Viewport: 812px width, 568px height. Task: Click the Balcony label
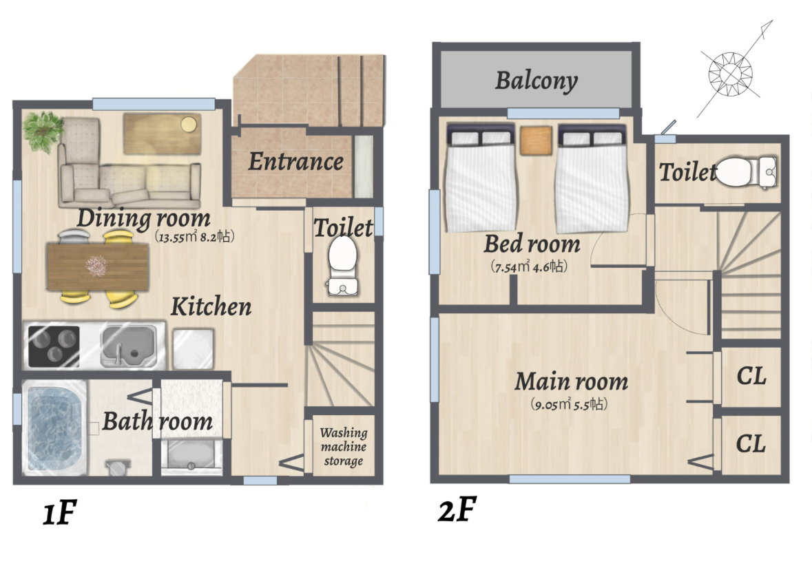pyautogui.click(x=537, y=81)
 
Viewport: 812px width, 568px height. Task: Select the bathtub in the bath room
pyautogui.click(x=54, y=428)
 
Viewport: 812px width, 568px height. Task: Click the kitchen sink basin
pyautogui.click(x=128, y=345)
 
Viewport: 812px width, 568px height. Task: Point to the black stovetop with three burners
pyautogui.click(x=54, y=346)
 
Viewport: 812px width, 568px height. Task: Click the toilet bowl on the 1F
pyautogui.click(x=343, y=266)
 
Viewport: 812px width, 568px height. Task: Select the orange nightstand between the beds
pyautogui.click(x=536, y=140)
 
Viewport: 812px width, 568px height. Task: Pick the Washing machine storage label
pyautogui.click(x=344, y=446)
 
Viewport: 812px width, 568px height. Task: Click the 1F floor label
pyautogui.click(x=59, y=513)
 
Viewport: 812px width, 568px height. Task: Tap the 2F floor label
pyautogui.click(x=457, y=509)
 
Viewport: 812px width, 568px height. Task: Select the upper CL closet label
pyautogui.click(x=751, y=377)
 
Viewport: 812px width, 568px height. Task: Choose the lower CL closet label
pyautogui.click(x=751, y=444)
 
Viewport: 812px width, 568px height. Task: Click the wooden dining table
pyautogui.click(x=98, y=266)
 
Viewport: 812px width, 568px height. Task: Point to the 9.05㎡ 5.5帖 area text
pyautogui.click(x=569, y=404)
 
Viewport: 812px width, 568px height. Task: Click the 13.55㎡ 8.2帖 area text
pyautogui.click(x=195, y=237)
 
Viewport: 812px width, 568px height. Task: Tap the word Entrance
pyautogui.click(x=295, y=162)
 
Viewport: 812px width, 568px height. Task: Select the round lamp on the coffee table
pyautogui.click(x=189, y=124)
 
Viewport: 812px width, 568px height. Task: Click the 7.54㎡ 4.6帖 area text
pyautogui.click(x=529, y=266)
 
